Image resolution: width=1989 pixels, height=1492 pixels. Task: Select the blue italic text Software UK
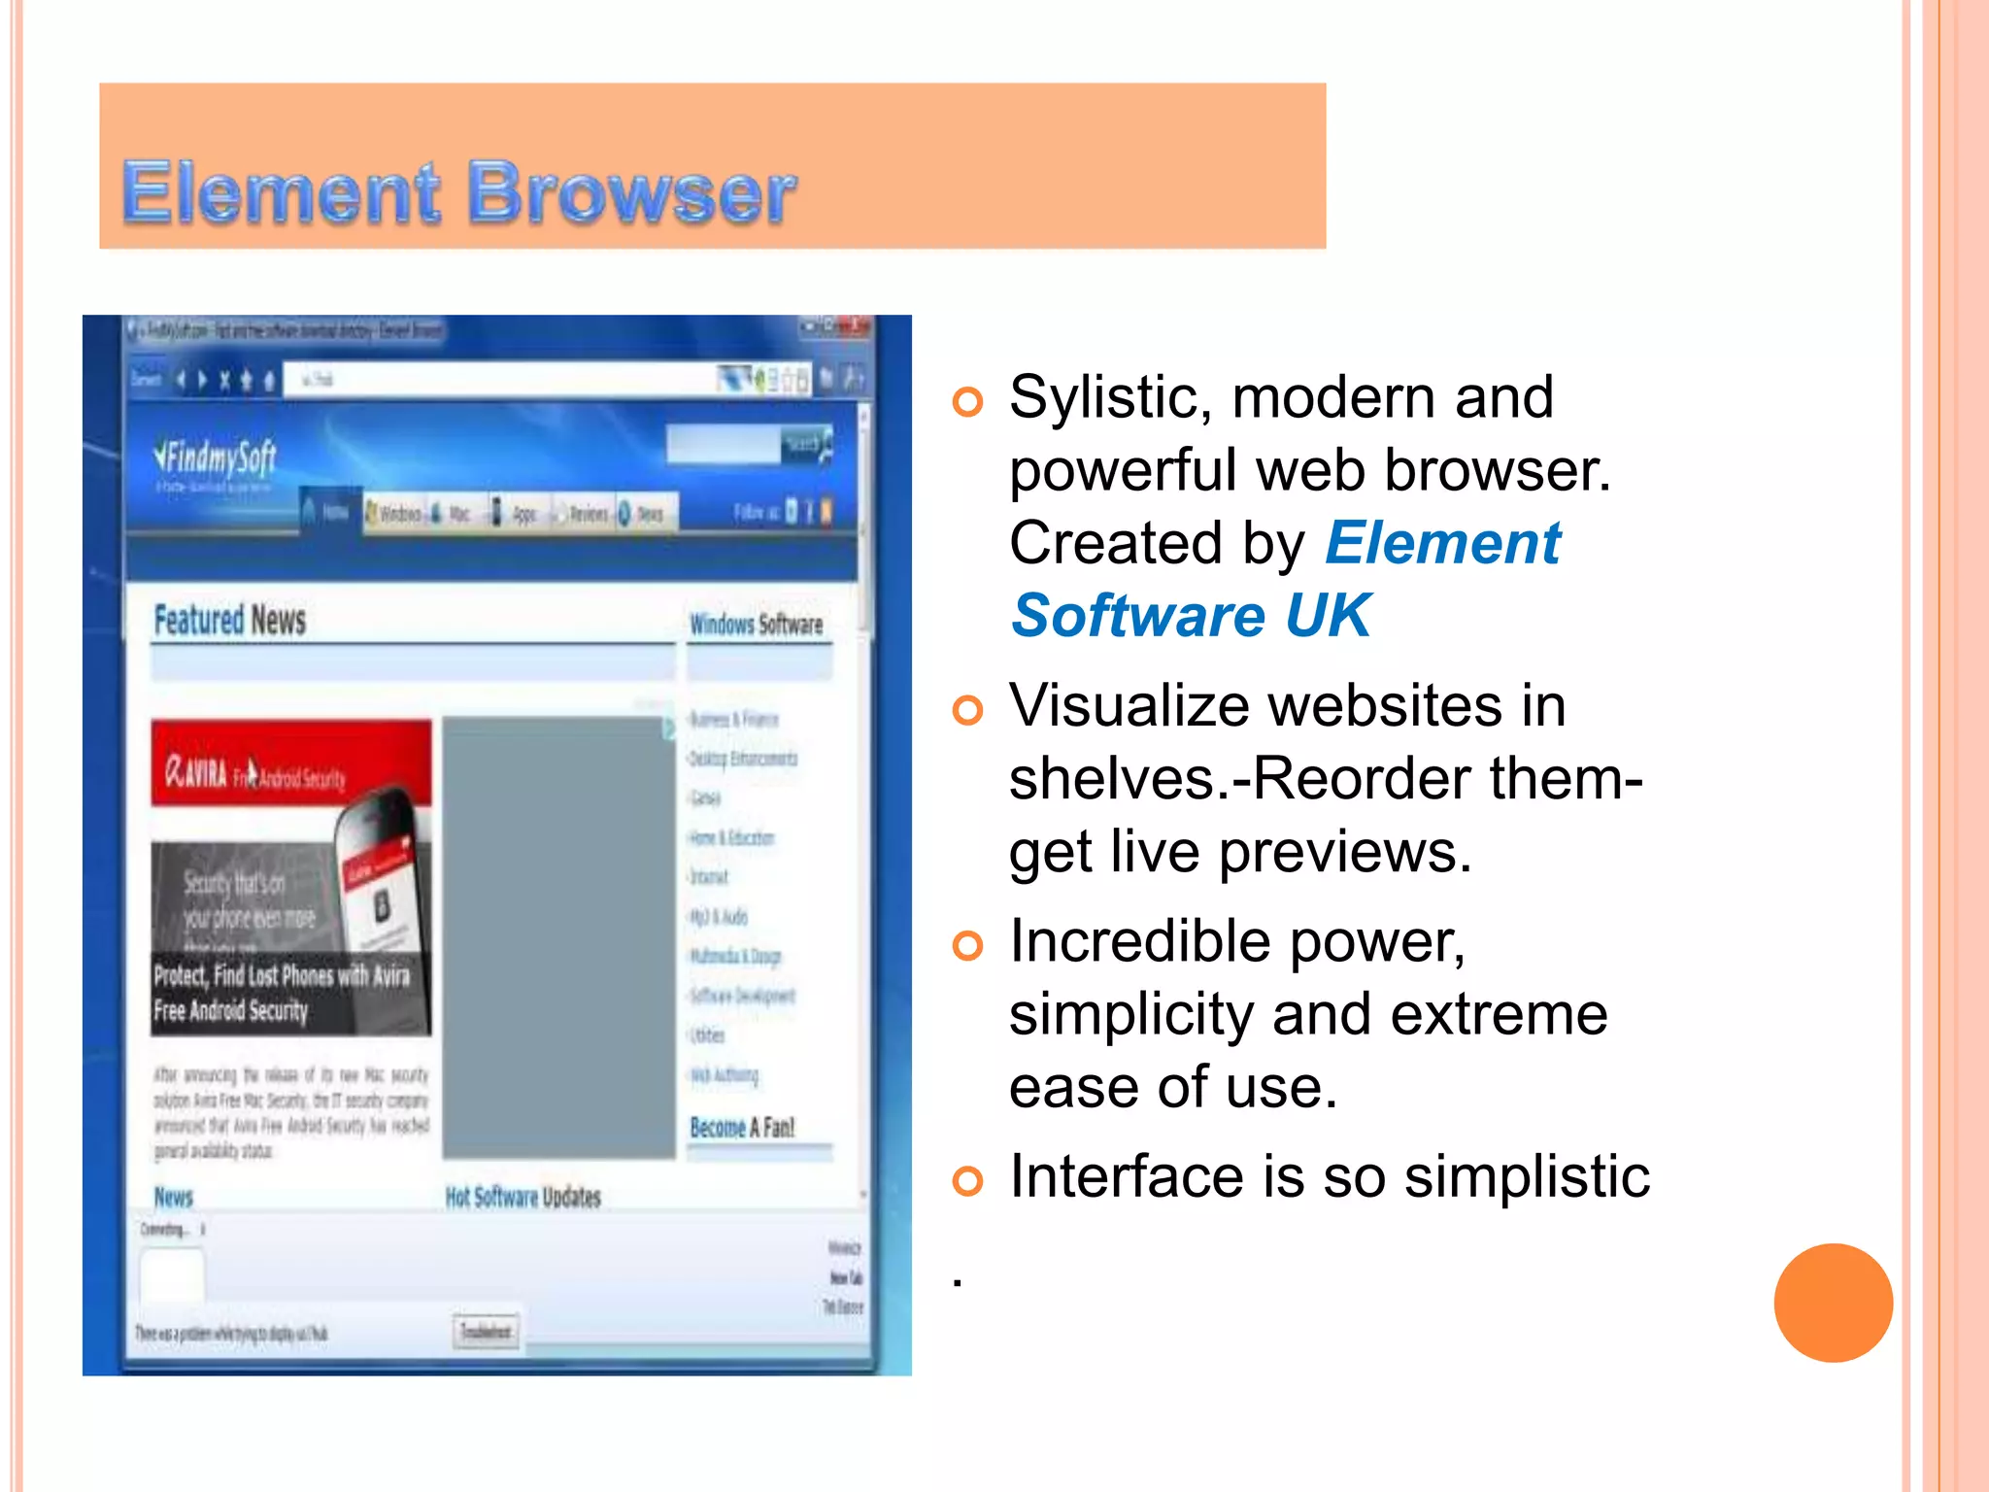click(1191, 616)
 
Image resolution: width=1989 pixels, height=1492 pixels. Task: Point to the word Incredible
click(1139, 942)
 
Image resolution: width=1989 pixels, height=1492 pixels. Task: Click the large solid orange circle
click(1833, 1303)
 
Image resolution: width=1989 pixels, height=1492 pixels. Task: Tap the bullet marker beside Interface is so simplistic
click(967, 1181)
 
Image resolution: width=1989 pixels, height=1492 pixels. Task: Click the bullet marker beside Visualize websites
click(967, 710)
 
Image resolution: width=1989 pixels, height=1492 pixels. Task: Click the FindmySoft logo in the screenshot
click(216, 457)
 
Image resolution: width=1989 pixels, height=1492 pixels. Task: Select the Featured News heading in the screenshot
click(230, 620)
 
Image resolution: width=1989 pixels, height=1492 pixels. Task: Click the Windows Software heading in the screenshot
click(756, 625)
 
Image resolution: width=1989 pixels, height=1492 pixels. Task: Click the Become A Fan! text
click(742, 1128)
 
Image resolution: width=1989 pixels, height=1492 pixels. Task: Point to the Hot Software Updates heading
click(523, 1197)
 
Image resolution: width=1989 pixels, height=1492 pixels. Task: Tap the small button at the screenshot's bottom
click(486, 1331)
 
